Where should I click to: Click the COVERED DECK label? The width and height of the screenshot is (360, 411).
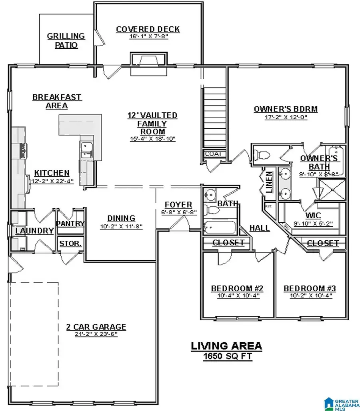148,30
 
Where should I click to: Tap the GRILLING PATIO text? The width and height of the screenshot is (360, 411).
66,40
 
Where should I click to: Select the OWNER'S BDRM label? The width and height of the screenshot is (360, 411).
286,109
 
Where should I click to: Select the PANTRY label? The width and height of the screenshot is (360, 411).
70,224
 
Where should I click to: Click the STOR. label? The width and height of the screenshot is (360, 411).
70,243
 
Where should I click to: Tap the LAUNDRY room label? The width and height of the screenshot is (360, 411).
34,231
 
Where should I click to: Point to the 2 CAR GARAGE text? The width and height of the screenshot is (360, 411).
96,327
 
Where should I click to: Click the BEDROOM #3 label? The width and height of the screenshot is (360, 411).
310,288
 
